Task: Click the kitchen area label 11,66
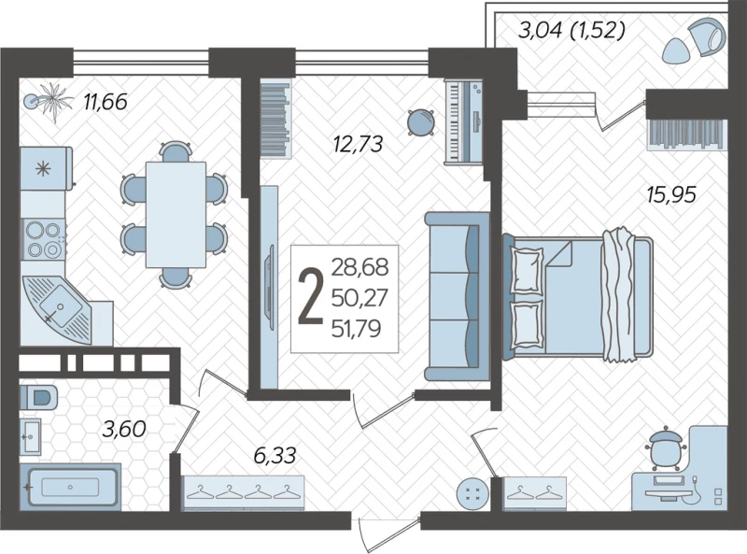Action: tap(106, 102)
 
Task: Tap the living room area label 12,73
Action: tap(359, 144)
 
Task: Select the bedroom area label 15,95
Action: tap(671, 194)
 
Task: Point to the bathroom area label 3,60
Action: tap(124, 429)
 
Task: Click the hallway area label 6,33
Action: tap(275, 455)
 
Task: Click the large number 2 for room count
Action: tap(310, 296)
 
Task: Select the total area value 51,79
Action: tap(357, 329)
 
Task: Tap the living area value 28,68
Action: tap(359, 267)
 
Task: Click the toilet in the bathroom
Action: tap(38, 398)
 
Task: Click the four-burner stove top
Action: tap(43, 239)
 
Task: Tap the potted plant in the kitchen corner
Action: tap(49, 101)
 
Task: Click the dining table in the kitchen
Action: tap(176, 215)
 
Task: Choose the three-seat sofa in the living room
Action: tap(457, 296)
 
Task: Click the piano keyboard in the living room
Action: tap(463, 122)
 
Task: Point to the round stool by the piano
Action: tap(421, 122)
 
